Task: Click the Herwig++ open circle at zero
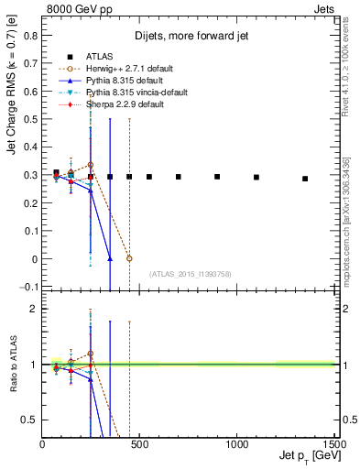[x=129, y=258]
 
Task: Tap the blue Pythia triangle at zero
[x=110, y=258]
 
